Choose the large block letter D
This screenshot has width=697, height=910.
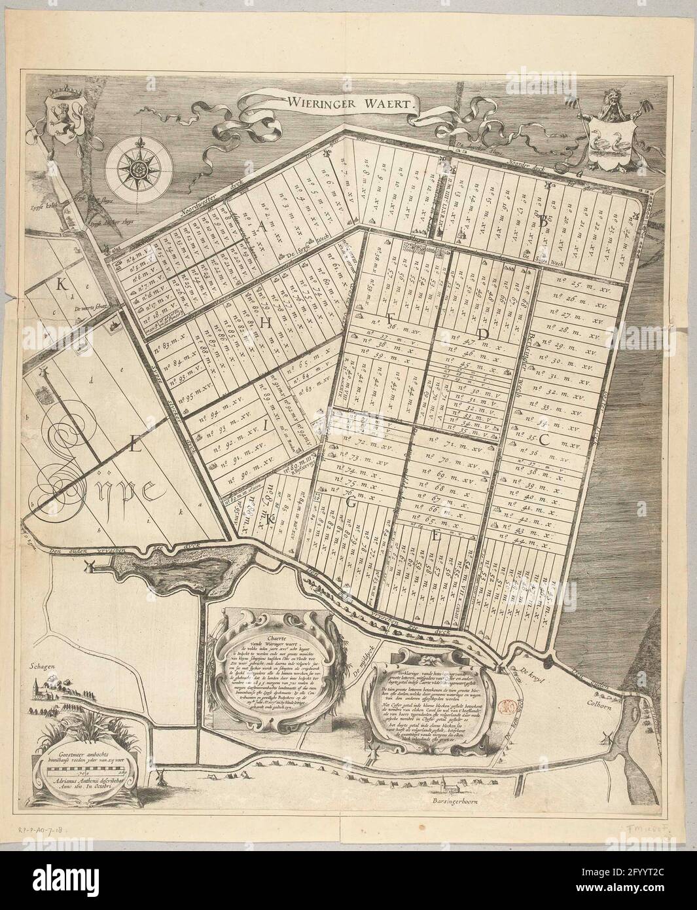coord(483,333)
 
